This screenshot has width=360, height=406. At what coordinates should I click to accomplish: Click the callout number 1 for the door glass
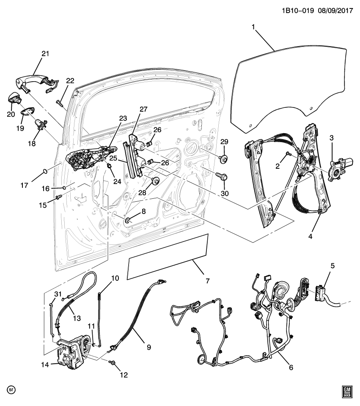pyautogui.click(x=253, y=27)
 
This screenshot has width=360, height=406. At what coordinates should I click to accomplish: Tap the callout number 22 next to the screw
pyautogui.click(x=70, y=81)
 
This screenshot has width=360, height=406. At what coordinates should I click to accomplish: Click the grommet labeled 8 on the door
pyautogui.click(x=127, y=220)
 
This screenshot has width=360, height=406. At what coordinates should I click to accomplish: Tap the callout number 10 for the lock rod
pyautogui.click(x=115, y=278)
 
